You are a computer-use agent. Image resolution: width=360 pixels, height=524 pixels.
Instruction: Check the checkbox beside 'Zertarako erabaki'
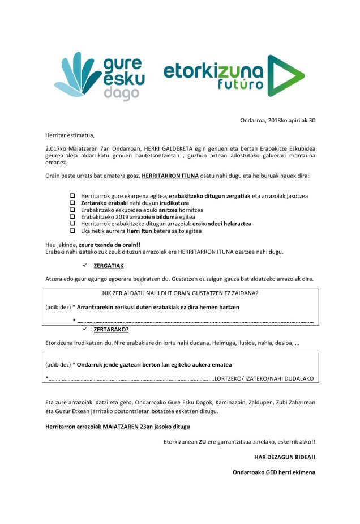click(x=73, y=202)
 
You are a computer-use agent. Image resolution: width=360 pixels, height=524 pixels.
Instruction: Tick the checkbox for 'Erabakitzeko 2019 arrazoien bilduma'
click(x=73, y=216)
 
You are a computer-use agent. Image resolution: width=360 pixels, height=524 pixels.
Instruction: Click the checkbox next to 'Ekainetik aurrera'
click(x=73, y=231)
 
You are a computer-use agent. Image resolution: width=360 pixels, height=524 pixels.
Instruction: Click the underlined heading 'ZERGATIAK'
click(x=108, y=266)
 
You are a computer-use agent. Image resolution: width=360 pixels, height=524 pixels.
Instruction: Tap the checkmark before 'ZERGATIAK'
click(x=85, y=266)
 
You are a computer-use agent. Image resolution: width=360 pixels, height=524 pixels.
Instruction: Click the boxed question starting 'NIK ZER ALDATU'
click(x=180, y=293)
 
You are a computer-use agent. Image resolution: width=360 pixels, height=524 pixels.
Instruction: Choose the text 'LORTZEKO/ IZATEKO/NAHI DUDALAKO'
click(x=265, y=378)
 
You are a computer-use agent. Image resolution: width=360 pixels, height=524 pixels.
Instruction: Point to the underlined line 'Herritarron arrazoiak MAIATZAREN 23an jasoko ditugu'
click(x=118, y=426)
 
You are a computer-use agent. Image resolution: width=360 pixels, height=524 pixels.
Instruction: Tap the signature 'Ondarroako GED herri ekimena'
click(x=274, y=472)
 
